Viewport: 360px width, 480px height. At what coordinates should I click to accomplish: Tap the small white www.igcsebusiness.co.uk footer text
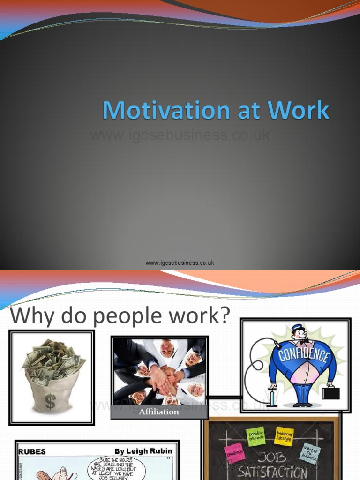point(180,263)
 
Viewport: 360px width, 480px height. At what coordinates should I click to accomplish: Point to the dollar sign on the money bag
point(50,401)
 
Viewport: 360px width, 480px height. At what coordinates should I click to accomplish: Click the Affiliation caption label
point(159,412)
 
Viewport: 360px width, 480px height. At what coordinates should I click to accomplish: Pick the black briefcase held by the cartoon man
point(330,393)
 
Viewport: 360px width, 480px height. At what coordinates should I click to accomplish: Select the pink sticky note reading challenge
point(234,452)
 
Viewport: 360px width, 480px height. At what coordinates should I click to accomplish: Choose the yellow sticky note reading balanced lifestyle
point(284,435)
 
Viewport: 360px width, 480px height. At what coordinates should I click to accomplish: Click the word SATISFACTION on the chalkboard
point(272,472)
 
